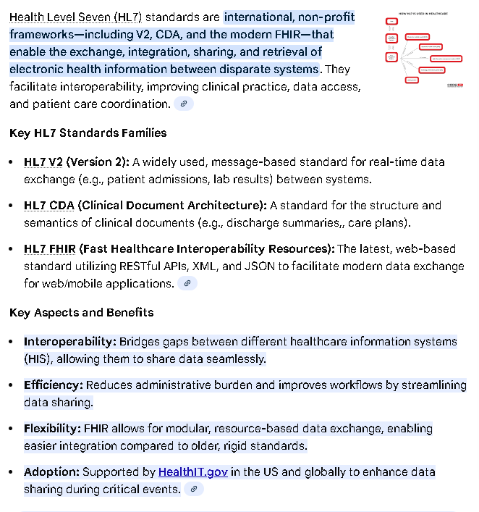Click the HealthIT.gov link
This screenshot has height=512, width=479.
[193, 472]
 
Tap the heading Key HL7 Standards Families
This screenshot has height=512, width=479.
[88, 133]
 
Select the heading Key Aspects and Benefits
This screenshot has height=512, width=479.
[82, 313]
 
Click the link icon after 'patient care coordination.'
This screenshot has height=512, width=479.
[185, 104]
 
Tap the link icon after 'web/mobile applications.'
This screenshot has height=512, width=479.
[187, 284]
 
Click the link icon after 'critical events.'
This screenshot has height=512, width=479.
[193, 490]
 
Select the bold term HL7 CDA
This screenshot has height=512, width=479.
[49, 205]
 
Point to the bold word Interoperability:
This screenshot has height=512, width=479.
[69, 341]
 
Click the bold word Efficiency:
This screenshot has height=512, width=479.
[53, 385]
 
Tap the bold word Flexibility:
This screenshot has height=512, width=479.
[52, 428]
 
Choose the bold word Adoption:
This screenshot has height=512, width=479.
[51, 472]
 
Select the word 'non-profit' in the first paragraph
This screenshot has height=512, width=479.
[325, 16]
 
